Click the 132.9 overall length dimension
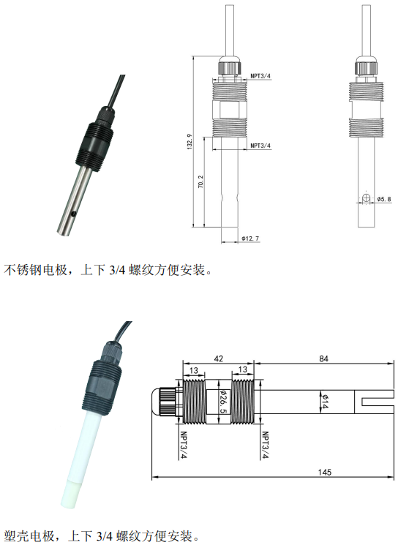(189, 141)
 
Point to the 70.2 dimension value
(200, 181)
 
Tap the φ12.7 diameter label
(250, 238)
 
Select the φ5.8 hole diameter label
(384, 199)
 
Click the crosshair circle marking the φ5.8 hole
(366, 198)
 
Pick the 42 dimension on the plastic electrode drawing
(218, 358)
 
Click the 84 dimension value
(323, 358)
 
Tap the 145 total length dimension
(325, 472)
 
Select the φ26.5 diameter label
(223, 402)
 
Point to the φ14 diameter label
(324, 401)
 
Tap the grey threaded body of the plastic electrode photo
(102, 386)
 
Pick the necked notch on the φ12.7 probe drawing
(229, 200)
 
